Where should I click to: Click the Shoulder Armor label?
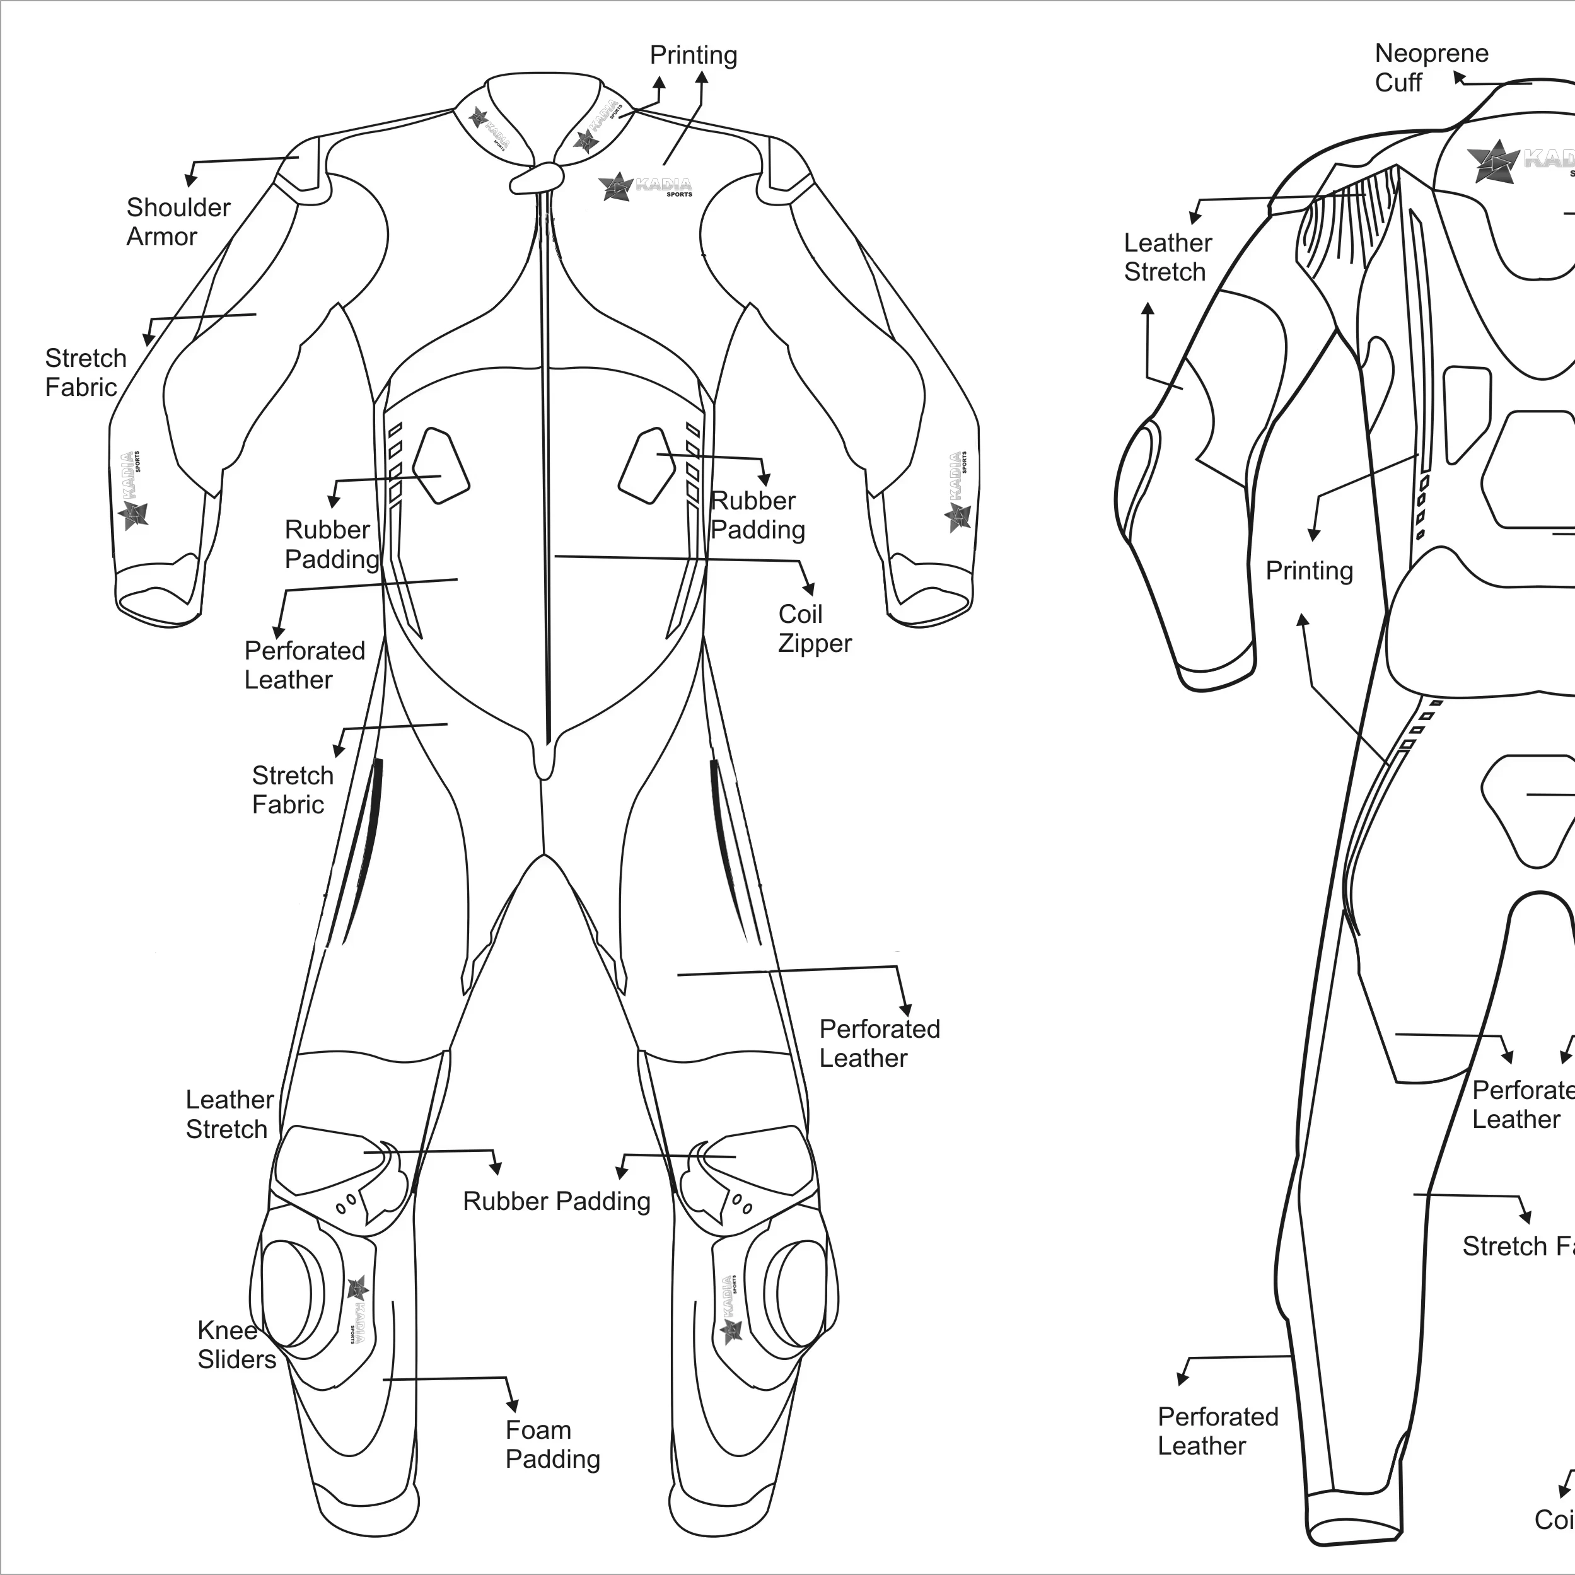click(x=178, y=222)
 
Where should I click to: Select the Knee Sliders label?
click(x=236, y=1344)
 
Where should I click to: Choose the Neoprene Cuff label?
click(x=1431, y=67)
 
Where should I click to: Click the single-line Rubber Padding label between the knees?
click(x=556, y=1201)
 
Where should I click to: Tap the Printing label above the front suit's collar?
click(x=693, y=55)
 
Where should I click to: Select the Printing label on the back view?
click(x=1308, y=571)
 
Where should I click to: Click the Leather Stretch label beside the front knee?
click(x=229, y=1114)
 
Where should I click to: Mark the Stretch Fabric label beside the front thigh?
click(x=292, y=790)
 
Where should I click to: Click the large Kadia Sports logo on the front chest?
click(x=646, y=187)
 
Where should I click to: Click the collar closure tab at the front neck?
click(x=537, y=178)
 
